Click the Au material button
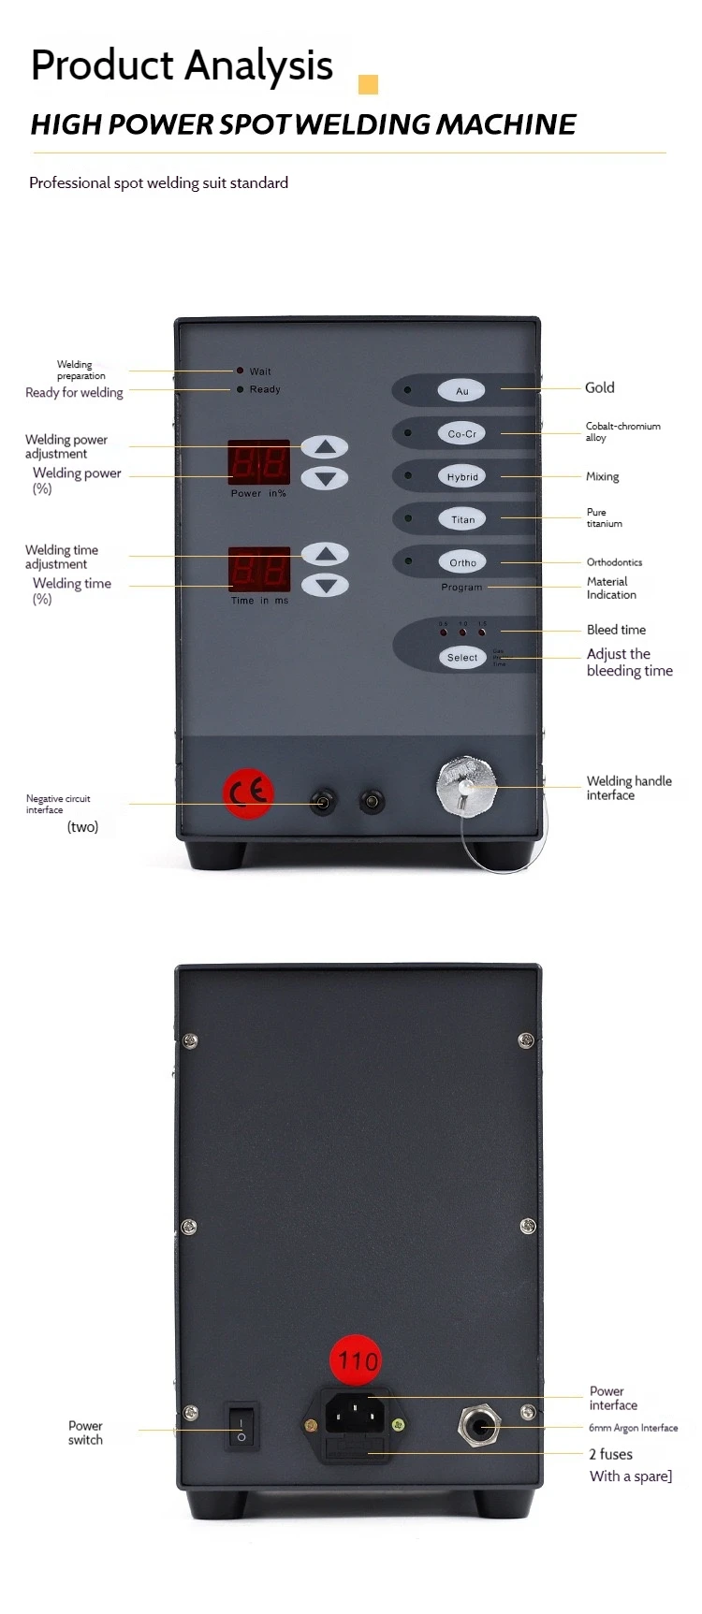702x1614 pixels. [461, 390]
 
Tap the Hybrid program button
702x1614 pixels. [462, 476]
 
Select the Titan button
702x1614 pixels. [462, 519]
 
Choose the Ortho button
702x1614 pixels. [462, 562]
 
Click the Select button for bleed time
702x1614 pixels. [462, 657]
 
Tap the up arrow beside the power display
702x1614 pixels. [325, 447]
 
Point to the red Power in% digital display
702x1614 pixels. [259, 462]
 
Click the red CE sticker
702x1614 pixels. [248, 793]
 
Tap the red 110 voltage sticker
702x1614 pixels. [358, 1360]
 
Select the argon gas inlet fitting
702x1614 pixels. [478, 1427]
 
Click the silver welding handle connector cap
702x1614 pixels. [466, 785]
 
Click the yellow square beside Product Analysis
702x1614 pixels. [368, 85]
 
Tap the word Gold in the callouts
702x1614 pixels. [600, 387]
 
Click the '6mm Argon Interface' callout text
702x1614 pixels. [633, 1428]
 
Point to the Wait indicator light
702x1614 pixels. [241, 371]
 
